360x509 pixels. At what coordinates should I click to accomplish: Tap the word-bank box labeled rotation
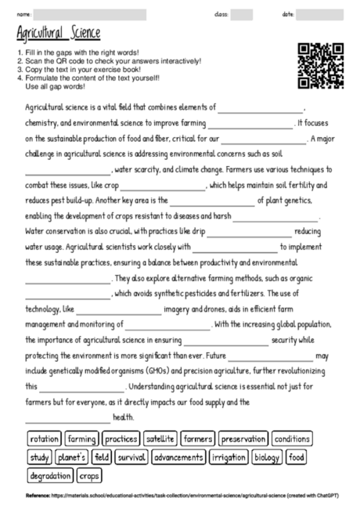coord(44,439)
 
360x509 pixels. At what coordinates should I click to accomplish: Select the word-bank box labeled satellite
coord(160,439)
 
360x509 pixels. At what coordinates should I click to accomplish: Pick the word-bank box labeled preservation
coord(242,439)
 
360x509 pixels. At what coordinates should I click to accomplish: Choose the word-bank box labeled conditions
coord(291,439)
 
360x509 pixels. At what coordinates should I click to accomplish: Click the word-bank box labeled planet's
coord(71,457)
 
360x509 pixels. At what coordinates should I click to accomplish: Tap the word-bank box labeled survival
coord(131,457)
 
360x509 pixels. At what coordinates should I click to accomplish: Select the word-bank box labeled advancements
coord(178,457)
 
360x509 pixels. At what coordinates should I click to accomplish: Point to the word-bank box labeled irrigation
coord(228,457)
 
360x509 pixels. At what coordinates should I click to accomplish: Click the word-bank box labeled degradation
coord(50,475)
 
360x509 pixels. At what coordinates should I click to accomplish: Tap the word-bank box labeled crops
coord(90,475)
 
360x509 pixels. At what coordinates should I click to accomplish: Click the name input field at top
coord(90,15)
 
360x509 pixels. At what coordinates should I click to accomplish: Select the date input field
coord(323,15)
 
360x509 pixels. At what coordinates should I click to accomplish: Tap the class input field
coord(241,15)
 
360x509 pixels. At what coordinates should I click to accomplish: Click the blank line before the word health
coord(68,417)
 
